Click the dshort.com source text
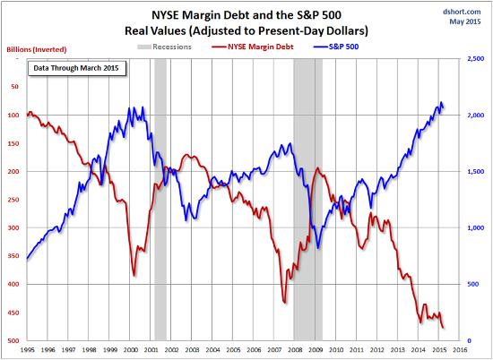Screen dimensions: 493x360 pyautogui.click(x=462, y=12)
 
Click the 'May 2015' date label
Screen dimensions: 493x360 pyautogui.click(x=464, y=21)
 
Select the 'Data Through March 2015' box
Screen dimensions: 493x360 pyautogui.click(x=77, y=67)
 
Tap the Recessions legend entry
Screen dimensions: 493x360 pyautogui.click(x=164, y=47)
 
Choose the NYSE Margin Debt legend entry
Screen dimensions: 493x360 pyautogui.click(x=253, y=47)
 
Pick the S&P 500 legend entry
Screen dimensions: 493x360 pyautogui.click(x=336, y=47)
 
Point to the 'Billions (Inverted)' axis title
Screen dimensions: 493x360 pyautogui.click(x=37, y=49)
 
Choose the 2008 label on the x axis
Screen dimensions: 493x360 pyautogui.click(x=295, y=349)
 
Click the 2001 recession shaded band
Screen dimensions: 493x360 pyautogui.click(x=160, y=200)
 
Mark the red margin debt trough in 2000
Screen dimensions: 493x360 pyautogui.click(x=134, y=276)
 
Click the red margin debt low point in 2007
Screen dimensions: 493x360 pyautogui.click(x=285, y=303)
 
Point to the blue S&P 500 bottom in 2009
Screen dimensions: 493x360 pyautogui.click(x=318, y=248)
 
